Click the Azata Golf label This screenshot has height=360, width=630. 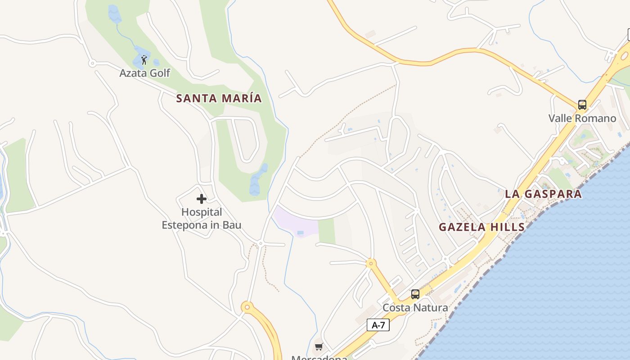144,73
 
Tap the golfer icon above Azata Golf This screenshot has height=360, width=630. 144,60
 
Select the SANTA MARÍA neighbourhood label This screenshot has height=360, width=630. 219,98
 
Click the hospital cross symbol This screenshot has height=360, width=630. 202,199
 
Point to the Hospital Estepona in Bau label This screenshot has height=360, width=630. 202,218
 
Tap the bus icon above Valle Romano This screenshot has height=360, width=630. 582,105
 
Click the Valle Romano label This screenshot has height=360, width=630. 582,118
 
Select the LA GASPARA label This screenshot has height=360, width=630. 543,194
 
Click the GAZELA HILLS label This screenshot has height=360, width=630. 481,227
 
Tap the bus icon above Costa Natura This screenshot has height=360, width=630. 415,294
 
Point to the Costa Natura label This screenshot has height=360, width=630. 415,308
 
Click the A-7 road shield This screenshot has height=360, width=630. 378,324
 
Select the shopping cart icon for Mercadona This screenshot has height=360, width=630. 319,346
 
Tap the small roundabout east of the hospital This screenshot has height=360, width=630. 261,243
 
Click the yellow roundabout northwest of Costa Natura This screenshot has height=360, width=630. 371,263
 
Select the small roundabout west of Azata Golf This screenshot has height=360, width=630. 92,63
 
